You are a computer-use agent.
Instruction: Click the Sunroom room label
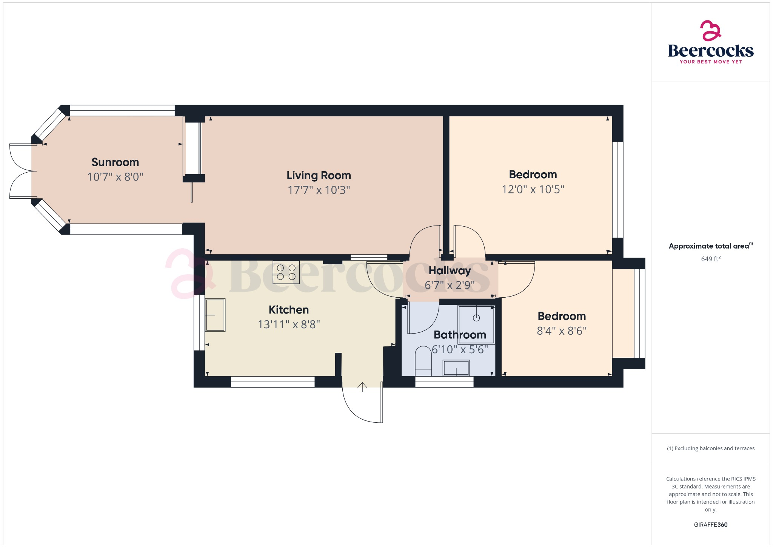pos(115,162)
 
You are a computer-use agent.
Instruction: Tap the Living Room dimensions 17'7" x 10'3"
pos(319,190)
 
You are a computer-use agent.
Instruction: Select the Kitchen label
pos(288,310)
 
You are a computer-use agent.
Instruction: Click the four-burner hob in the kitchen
pos(286,272)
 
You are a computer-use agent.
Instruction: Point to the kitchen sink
pos(215,315)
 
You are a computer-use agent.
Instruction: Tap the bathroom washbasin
pos(456,368)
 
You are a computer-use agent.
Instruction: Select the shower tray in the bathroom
pos(476,324)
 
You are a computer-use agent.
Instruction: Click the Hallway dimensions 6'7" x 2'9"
pos(450,285)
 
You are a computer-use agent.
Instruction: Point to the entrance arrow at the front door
pos(362,387)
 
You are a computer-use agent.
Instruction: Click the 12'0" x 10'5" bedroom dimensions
pos(533,189)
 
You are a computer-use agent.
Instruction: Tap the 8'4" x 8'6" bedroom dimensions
pos(561,331)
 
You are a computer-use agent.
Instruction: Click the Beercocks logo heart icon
pos(710,31)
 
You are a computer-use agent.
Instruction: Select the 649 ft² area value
pos(710,259)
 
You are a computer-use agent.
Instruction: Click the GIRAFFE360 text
pos(710,525)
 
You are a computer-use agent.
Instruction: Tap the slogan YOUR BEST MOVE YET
pos(711,62)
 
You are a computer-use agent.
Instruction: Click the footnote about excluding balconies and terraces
pos(710,448)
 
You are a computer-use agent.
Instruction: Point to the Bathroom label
pos(460,335)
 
